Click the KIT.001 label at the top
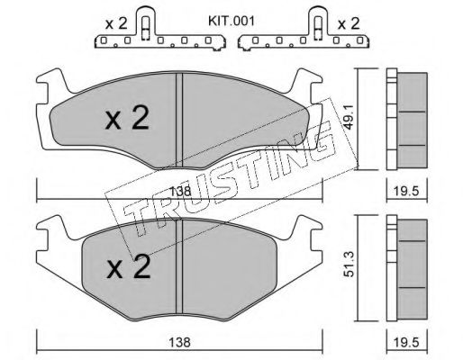pos(231,22)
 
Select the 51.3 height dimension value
pos(350,264)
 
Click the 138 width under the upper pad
pos(180,191)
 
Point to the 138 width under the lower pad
pos(179,342)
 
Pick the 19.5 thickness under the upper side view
pos(407,191)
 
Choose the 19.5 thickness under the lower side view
pos(407,342)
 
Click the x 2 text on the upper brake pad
pos(127,119)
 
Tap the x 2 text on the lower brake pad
pos(129,267)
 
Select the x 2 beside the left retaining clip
pos(116,23)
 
